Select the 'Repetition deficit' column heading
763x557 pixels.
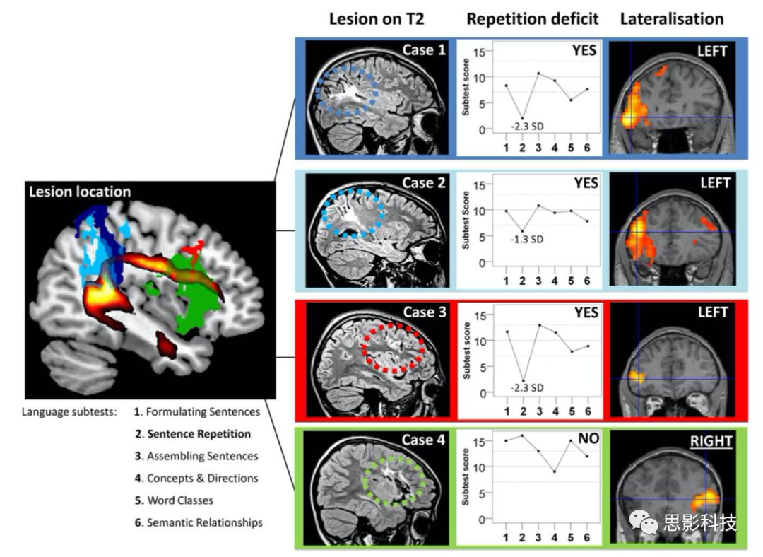[532, 19]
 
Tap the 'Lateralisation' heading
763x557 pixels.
[672, 19]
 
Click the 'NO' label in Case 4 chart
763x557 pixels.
[588, 439]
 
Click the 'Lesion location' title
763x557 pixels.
[81, 192]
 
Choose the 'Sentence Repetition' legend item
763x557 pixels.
[199, 434]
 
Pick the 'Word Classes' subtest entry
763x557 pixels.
[179, 500]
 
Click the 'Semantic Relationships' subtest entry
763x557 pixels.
[204, 523]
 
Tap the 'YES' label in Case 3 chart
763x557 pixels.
[586, 312]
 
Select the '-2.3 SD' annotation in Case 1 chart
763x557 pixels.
[526, 127]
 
